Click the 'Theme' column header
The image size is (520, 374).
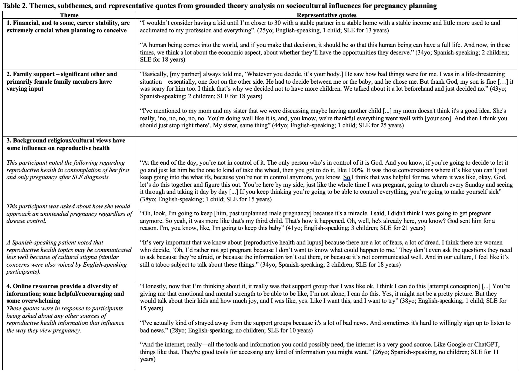tap(69, 15)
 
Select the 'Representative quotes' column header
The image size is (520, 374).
tap(326, 15)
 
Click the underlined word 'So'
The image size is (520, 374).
tap(347, 177)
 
